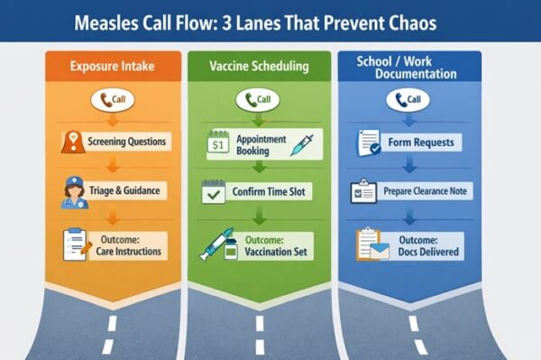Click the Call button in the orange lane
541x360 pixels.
[112, 101]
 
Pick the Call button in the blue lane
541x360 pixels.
[408, 99]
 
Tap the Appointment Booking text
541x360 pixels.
[259, 145]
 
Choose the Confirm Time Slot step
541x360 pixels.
[270, 192]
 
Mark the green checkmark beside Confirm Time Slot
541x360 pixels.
[215, 192]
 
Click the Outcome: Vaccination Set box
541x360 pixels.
[270, 243]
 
